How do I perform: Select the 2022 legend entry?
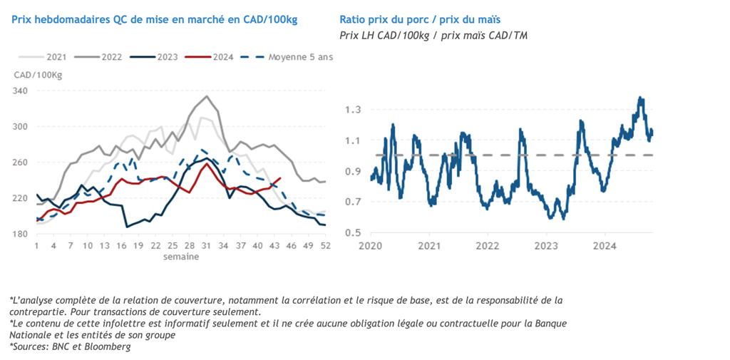click(103, 56)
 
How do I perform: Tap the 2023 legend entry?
click(158, 56)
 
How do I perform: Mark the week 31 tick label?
click(207, 246)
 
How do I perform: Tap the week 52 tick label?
click(324, 246)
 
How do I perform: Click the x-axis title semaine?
click(181, 256)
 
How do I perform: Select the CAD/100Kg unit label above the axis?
click(38, 75)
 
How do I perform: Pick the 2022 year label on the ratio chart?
click(488, 246)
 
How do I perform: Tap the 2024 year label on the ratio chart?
click(605, 246)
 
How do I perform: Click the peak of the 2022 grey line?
click(207, 96)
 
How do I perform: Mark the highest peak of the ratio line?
click(639, 98)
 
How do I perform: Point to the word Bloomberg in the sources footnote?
click(110, 346)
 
